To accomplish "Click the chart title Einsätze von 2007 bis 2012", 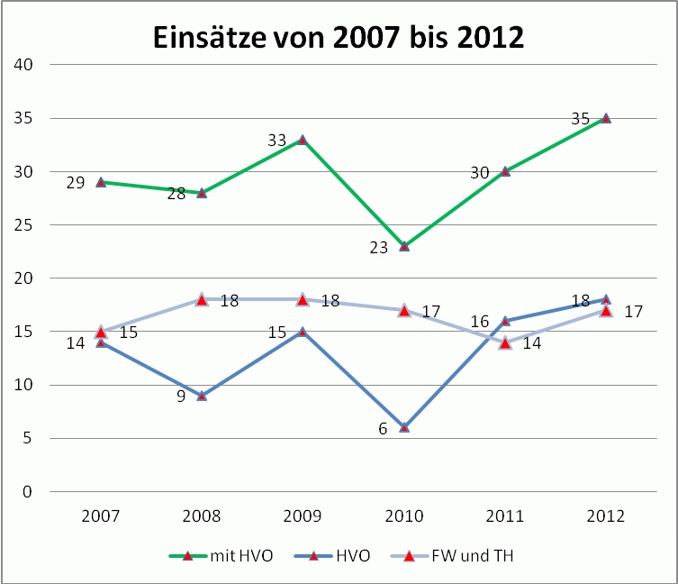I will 338,37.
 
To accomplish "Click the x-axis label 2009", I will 303,517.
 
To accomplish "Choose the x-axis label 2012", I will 606,517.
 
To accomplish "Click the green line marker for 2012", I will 606,118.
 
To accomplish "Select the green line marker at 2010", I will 404,246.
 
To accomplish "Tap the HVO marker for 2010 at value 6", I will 404,427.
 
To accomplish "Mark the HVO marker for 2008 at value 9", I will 202,396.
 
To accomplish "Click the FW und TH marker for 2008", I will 202,300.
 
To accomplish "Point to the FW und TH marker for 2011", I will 505,342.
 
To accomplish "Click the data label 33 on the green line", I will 276,141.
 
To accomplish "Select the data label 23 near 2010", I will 378,247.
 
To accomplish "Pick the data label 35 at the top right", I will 580,119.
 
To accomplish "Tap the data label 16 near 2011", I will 479,322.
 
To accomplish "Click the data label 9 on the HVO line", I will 181,397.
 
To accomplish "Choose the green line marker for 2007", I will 101,182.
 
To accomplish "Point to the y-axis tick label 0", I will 27,492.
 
